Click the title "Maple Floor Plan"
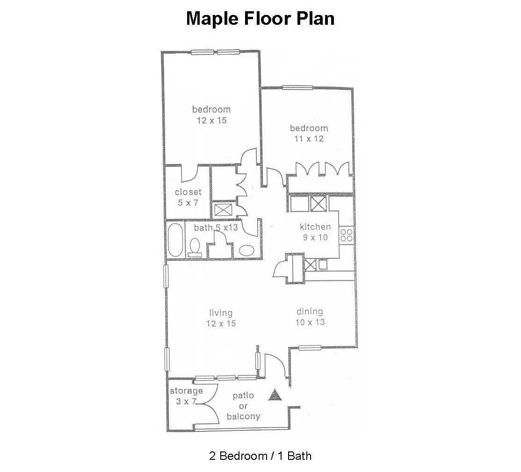260,18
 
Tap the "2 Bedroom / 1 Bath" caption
260,456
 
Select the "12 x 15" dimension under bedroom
211,120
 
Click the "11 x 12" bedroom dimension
309,139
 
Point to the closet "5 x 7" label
188,202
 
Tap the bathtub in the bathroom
175,240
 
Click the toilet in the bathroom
195,247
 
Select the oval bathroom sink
246,250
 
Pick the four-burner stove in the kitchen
346,235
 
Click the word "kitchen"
315,227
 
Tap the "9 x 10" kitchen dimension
315,237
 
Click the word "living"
221,313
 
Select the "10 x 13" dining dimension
310,322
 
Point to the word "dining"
310,312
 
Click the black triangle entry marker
275,395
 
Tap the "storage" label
186,391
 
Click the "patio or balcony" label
243,406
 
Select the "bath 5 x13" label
216,228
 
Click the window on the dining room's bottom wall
310,348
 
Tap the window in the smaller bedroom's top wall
297,88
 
